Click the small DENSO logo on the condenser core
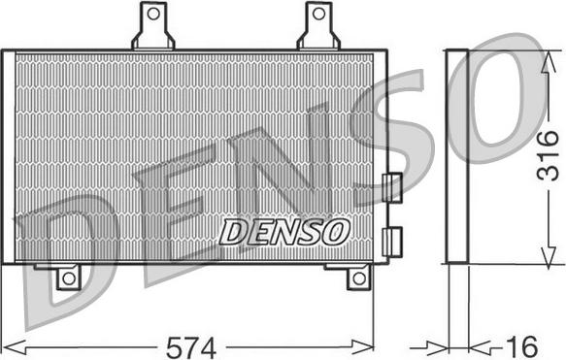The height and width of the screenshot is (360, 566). tap(283, 231)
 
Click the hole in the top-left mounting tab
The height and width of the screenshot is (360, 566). tap(153, 17)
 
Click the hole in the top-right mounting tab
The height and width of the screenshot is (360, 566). tap(318, 16)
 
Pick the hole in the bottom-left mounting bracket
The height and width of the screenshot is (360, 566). tap(67, 278)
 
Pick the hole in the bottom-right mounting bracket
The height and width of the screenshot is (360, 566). tap(358, 278)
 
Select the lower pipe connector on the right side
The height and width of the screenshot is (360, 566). tap(393, 241)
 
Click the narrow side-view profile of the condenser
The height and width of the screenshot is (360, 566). tap(456, 156)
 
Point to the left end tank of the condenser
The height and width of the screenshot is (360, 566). tap(8, 156)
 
